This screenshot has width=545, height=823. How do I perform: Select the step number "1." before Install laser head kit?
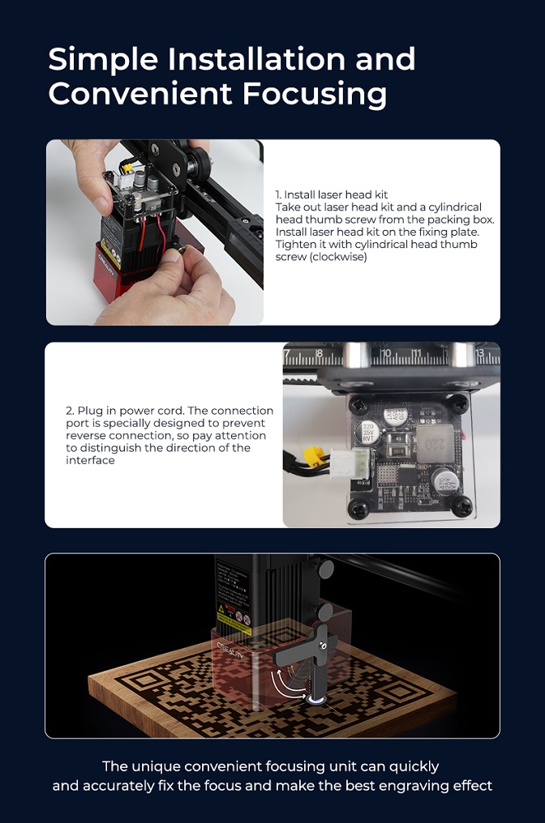coord(279,195)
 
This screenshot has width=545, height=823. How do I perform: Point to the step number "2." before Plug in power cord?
coord(70,411)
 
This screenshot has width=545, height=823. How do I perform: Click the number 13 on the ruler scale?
coord(481,354)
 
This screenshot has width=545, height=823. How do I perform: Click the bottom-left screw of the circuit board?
coord(358,509)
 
